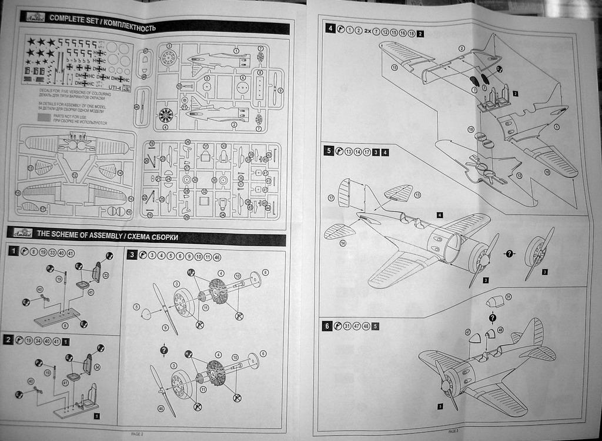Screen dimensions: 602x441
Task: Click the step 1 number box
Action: coord(12,252)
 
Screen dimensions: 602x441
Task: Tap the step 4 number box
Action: coord(330,29)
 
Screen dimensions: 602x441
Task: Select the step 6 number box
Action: coord(328,326)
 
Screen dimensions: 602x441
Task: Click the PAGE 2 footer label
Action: coord(136,433)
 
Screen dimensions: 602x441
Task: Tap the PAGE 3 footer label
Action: coord(453,431)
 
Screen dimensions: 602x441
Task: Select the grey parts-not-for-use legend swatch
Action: coord(44,116)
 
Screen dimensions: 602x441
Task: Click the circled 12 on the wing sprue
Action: coord(75,175)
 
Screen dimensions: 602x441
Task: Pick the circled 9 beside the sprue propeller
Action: coord(280,90)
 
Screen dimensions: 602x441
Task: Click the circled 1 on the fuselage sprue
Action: coord(236,51)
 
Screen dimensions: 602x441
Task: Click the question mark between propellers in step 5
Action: coord(510,253)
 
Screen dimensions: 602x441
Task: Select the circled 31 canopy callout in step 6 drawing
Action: coord(509,296)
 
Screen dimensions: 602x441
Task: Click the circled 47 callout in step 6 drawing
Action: coord(468,332)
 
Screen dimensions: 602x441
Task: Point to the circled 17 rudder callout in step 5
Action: coord(331,198)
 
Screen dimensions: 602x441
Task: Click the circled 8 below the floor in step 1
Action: coord(64,325)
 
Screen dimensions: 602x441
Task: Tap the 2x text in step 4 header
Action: coord(368,29)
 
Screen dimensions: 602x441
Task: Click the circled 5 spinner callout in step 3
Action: coord(136,306)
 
